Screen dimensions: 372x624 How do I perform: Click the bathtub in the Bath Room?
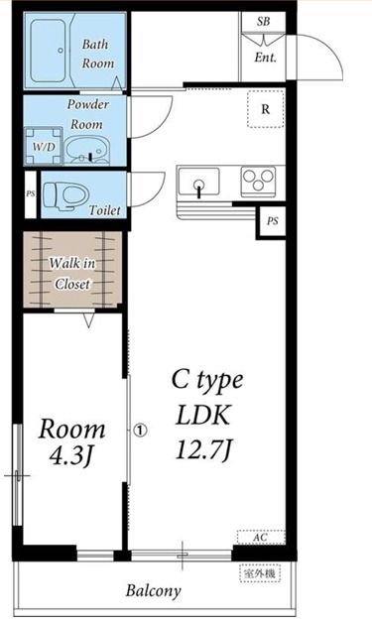coord(49,51)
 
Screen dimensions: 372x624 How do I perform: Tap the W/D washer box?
coord(44,147)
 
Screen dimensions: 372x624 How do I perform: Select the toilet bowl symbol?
coord(65,195)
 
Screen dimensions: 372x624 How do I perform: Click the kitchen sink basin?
coord(199,182)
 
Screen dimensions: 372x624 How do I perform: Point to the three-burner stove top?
coord(259,182)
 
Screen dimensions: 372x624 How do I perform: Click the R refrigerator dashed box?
coord(266,109)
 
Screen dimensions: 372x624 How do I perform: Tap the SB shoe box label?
coord(264,21)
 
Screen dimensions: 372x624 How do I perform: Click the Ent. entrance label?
coord(266,58)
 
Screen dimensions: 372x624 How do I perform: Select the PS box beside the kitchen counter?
coord(271,221)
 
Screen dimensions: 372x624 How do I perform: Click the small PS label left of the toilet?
coord(30,194)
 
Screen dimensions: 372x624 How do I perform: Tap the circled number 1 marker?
coord(140,431)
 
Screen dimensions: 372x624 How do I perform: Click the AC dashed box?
coord(261,538)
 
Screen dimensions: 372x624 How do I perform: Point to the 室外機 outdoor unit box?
coord(260,573)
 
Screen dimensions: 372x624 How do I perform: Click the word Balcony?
coord(153,592)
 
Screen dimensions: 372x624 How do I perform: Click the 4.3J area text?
coord(71,456)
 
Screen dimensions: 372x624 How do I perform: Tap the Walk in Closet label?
coord(72,274)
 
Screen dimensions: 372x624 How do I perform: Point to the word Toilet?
coord(104,209)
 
